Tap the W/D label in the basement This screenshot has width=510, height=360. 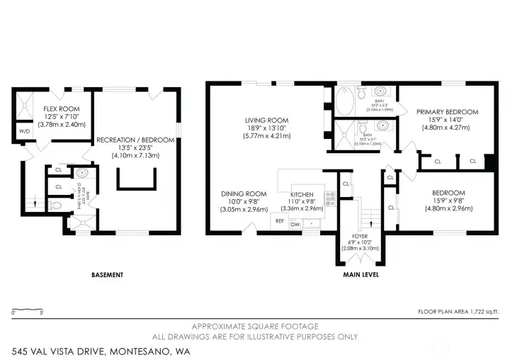pyautogui.click(x=24, y=131)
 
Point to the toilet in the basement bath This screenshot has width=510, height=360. pyautogui.click(x=83, y=172)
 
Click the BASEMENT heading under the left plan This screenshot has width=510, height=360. pyautogui.click(x=108, y=275)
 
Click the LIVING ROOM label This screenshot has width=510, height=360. pyautogui.click(x=267, y=120)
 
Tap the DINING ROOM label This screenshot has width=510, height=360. pyautogui.click(x=243, y=194)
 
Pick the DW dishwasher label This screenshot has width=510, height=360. pyautogui.click(x=295, y=224)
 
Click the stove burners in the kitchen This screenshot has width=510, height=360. pyautogui.click(x=329, y=198)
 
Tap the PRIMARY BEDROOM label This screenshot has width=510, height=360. pyautogui.click(x=446, y=112)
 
